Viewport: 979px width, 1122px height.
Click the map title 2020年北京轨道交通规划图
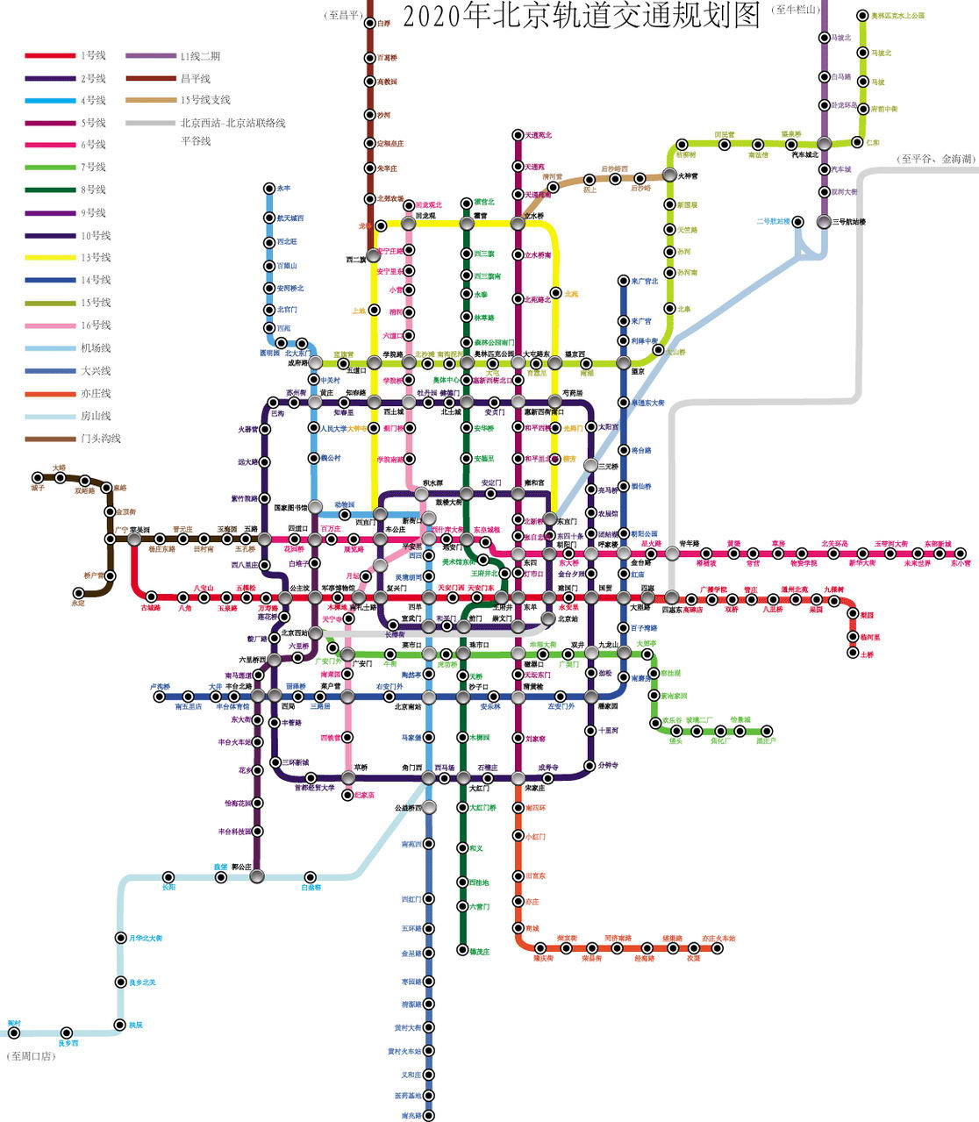(581, 16)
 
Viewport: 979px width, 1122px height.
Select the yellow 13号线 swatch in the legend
(51, 257)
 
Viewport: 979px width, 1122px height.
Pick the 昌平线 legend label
(196, 78)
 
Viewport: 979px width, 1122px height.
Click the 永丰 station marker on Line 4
(269, 188)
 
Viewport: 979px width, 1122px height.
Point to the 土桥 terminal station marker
(852, 653)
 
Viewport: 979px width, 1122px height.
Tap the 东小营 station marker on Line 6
(962, 554)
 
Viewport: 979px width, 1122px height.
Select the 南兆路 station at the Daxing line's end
(428, 1116)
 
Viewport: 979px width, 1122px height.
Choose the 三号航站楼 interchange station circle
(823, 222)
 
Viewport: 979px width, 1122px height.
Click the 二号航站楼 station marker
(799, 221)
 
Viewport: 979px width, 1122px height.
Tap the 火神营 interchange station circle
(668, 176)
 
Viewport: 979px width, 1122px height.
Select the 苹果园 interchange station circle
(134, 540)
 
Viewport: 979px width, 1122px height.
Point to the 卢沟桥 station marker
(160, 697)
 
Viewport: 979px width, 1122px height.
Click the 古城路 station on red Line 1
(151, 597)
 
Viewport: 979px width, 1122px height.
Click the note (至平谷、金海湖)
(935, 159)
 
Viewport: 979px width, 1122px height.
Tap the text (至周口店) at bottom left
(32, 1056)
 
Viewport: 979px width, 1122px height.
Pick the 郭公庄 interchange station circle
(257, 875)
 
